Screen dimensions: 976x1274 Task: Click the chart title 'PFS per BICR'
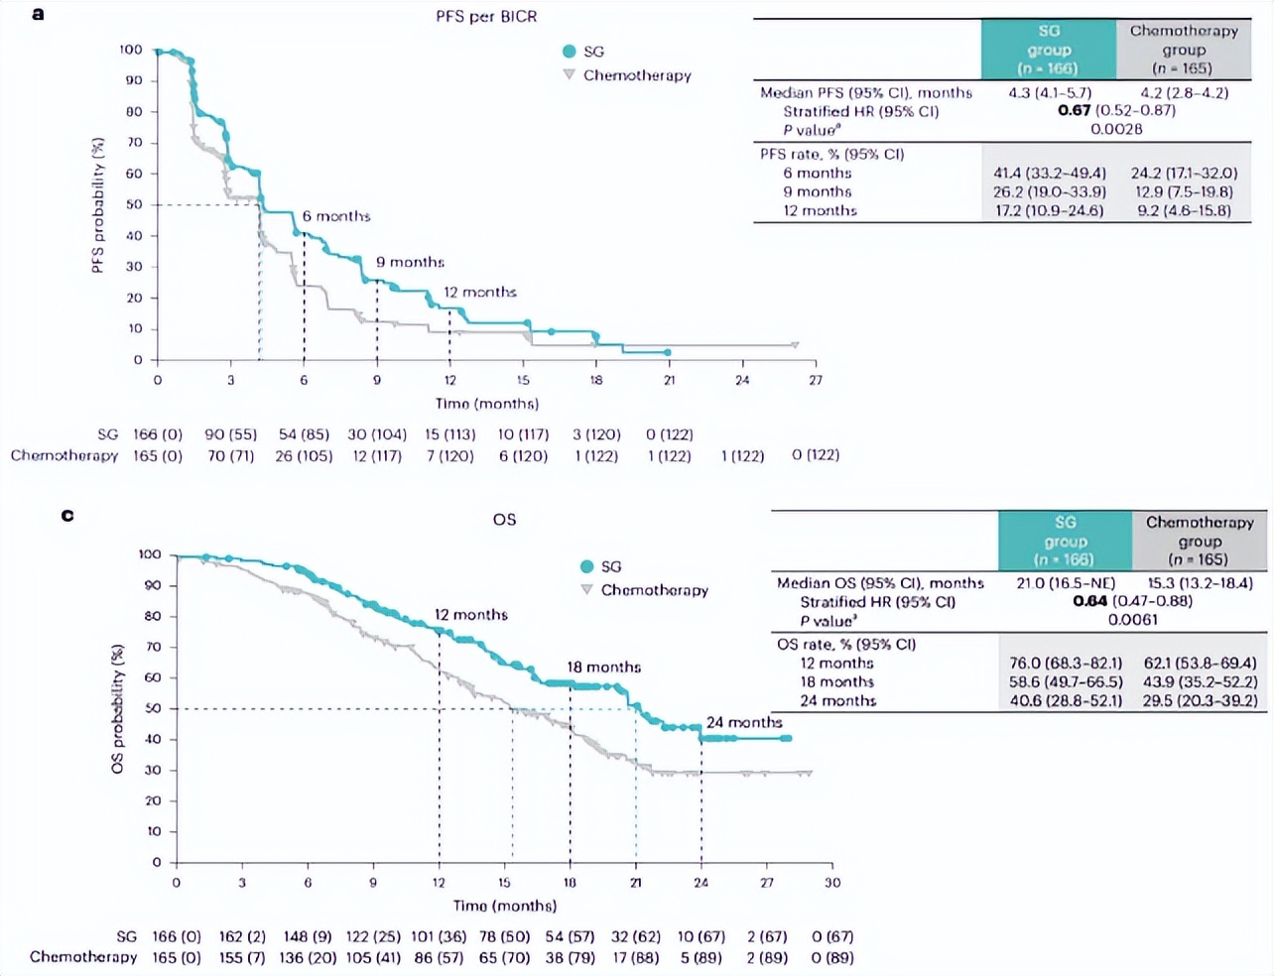(x=486, y=17)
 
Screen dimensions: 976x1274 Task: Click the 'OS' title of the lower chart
(x=504, y=519)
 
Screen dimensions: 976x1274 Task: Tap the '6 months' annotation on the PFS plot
(x=336, y=216)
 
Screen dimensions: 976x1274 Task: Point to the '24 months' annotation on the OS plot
(x=744, y=722)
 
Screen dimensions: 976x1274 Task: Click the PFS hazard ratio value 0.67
(x=1074, y=110)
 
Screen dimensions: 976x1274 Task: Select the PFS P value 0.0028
(x=1116, y=129)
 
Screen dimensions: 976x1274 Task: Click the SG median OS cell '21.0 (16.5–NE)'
(x=1066, y=582)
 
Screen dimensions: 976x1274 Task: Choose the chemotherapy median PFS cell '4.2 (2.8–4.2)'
(x=1184, y=92)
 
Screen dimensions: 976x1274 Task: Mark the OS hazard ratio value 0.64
(x=1089, y=600)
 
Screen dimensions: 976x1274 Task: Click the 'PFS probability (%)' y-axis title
(x=98, y=204)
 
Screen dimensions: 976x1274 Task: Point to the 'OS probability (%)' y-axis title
(x=118, y=708)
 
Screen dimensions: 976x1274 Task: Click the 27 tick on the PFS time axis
(x=815, y=380)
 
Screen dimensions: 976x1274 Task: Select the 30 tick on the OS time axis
(x=831, y=882)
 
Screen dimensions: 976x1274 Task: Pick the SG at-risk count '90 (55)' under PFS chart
(x=230, y=434)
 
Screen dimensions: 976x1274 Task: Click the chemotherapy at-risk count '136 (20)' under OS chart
(x=306, y=957)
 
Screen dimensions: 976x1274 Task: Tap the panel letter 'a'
(x=38, y=14)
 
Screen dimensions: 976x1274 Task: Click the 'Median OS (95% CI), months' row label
(x=880, y=582)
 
